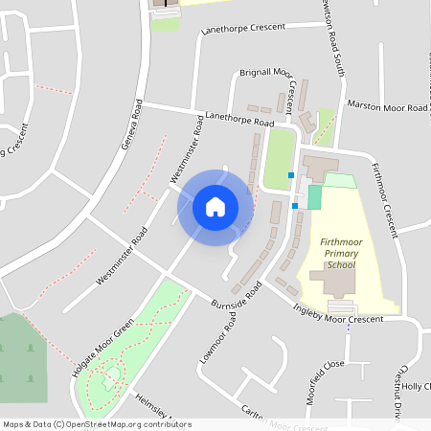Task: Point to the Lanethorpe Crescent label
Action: (x=243, y=28)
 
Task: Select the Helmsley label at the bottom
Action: (x=153, y=408)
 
